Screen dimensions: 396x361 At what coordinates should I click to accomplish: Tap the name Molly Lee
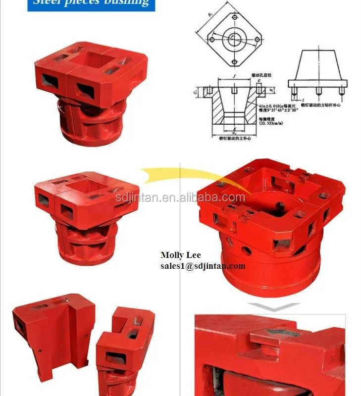click(x=180, y=255)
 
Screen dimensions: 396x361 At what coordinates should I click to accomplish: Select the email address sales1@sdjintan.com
click(x=203, y=266)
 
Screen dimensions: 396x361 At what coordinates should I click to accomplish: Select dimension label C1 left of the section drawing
click(x=196, y=92)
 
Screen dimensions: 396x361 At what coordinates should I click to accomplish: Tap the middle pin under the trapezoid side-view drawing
click(x=318, y=91)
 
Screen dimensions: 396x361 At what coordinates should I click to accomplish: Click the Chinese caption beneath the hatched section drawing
click(x=236, y=140)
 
